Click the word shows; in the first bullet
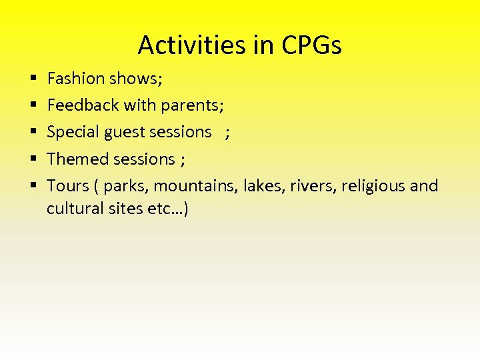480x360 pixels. click(136, 79)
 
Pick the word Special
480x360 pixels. click(73, 132)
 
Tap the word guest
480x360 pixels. click(125, 133)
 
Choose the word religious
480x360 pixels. click(373, 185)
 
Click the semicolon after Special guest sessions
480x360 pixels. click(228, 133)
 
